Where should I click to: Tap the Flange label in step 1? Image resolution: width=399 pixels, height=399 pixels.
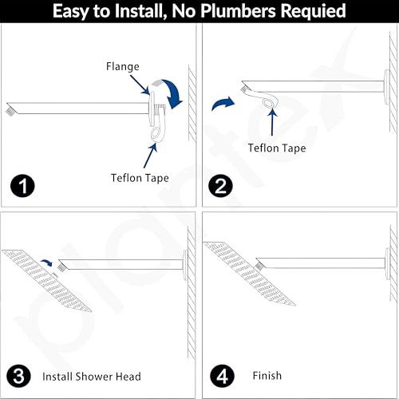[123, 66]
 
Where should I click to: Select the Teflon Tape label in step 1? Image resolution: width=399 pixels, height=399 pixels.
[140, 178]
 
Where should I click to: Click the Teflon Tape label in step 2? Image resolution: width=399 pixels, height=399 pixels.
[277, 148]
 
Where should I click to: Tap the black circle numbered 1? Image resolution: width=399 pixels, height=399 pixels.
[22, 186]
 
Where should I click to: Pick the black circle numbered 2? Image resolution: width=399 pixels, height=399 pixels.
[220, 186]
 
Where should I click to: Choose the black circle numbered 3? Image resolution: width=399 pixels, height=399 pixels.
[18, 376]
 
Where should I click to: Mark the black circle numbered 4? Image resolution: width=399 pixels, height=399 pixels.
[222, 376]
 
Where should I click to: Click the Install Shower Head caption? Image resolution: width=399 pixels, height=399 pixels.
[92, 377]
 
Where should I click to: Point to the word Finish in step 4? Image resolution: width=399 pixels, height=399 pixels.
[267, 376]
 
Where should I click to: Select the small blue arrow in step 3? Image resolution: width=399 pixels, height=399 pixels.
[47, 263]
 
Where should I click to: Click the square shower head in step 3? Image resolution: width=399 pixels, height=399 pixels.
[47, 280]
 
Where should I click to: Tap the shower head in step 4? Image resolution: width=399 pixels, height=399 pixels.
[250, 274]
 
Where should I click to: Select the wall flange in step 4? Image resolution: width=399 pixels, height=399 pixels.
[388, 263]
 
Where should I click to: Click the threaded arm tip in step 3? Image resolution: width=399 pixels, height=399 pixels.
[61, 267]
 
